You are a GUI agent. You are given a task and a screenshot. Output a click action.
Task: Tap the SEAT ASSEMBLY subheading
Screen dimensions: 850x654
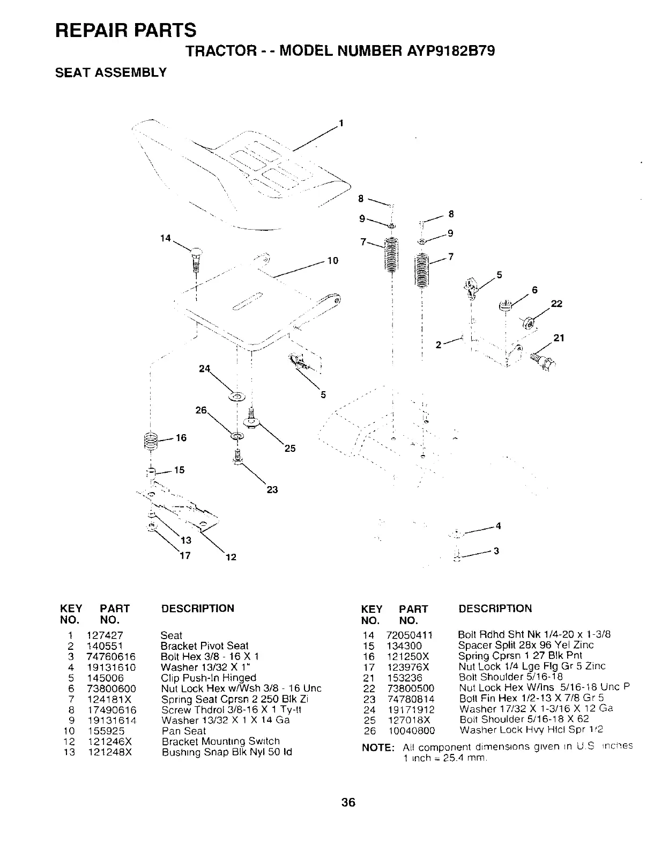pyautogui.click(x=111, y=72)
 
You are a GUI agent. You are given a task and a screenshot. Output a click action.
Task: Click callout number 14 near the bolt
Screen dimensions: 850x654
pyautogui.click(x=166, y=238)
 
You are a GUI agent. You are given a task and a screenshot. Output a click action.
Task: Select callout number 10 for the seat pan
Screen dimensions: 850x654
pyautogui.click(x=332, y=261)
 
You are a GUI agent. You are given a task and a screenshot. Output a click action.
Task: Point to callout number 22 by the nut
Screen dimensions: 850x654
pyautogui.click(x=556, y=304)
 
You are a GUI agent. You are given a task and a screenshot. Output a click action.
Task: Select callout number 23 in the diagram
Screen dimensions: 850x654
pyautogui.click(x=272, y=489)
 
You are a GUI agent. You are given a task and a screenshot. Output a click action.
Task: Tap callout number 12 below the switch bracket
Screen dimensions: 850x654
pyautogui.click(x=231, y=557)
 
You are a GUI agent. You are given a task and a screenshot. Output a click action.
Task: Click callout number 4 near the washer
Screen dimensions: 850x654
pyautogui.click(x=498, y=526)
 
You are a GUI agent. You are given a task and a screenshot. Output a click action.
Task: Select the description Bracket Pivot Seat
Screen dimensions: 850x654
pyautogui.click(x=204, y=646)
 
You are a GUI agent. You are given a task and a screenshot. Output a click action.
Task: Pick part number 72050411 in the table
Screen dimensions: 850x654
pyautogui.click(x=409, y=635)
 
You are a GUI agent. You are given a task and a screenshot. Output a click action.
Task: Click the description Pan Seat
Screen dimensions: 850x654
pyautogui.click(x=183, y=731)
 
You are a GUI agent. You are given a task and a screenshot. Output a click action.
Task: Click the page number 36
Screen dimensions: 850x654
pyautogui.click(x=348, y=803)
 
